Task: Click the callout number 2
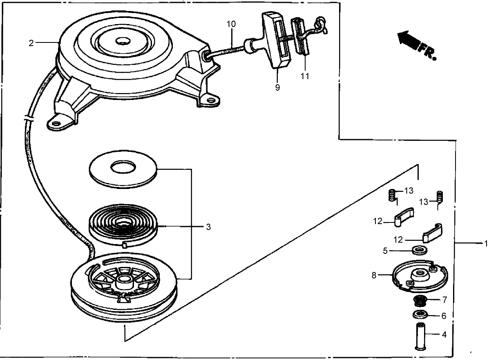point(31,43)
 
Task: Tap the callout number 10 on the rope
point(231,24)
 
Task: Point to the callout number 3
point(208,227)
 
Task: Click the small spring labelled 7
point(420,302)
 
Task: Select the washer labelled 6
point(420,315)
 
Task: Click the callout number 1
point(486,244)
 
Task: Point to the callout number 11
point(305,76)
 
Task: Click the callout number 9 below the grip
point(277,88)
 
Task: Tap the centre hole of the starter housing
point(122,42)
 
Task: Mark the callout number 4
point(444,335)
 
